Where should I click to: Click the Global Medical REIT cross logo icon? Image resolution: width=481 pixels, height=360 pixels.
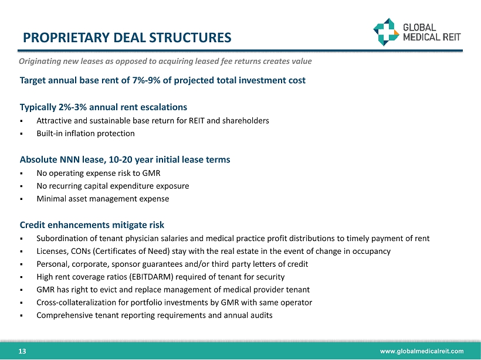tap(386, 32)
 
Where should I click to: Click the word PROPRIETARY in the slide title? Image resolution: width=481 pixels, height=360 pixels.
tap(66, 38)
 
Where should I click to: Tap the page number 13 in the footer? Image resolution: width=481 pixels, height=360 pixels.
tap(22, 351)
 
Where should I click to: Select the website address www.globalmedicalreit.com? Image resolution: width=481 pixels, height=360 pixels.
tap(422, 351)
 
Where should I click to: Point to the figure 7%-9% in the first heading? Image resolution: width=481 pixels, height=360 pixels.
tap(146, 80)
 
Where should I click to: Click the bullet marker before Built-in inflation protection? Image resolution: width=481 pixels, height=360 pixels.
tap(22, 134)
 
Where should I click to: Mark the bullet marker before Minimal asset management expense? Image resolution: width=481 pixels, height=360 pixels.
tap(22, 199)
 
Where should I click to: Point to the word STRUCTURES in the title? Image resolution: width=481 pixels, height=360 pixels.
tap(190, 38)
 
